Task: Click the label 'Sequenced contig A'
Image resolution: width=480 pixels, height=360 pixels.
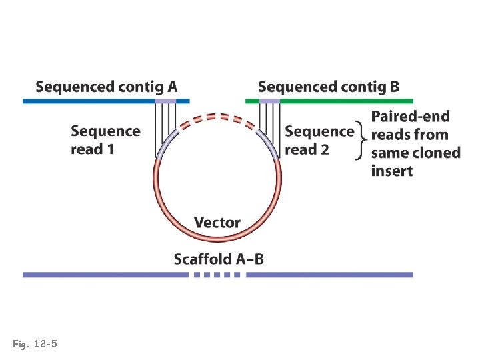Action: tap(107, 87)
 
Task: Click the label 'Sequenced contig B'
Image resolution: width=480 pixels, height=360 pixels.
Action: tap(329, 87)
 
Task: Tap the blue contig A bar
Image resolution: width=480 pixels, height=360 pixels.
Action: tap(87, 101)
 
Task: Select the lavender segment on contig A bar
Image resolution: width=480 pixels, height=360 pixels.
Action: tap(165, 101)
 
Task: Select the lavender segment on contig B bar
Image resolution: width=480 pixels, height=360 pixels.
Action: tap(269, 101)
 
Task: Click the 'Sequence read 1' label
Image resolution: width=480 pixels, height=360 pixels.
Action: tap(105, 140)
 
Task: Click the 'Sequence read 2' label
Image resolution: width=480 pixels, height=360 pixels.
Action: tap(319, 140)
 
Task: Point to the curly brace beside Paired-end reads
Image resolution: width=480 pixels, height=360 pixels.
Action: tap(363, 141)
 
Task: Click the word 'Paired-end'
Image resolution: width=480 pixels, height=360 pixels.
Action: tap(410, 117)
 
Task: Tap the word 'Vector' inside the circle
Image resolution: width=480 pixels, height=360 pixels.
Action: tap(217, 222)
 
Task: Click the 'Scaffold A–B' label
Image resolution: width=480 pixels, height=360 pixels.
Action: tap(219, 259)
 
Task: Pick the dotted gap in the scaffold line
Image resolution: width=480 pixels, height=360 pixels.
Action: tap(217, 274)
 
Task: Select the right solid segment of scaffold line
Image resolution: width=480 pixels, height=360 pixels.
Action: tap(329, 274)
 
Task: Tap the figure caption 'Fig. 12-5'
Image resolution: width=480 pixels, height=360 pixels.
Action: tap(35, 344)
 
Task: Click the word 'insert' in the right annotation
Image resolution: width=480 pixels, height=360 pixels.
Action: tap(391, 171)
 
